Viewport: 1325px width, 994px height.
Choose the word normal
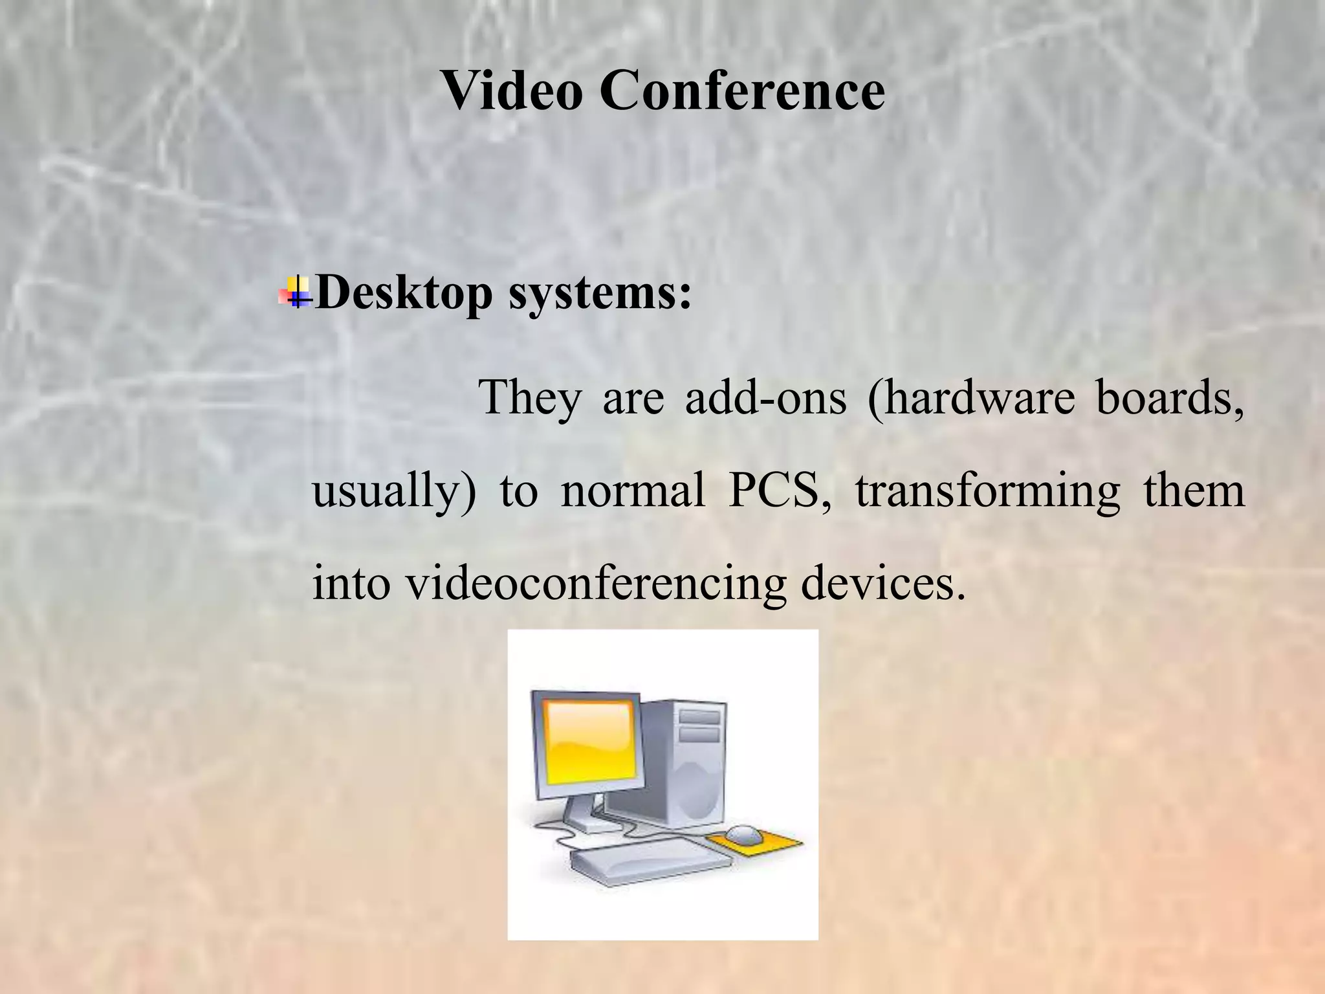point(633,491)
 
